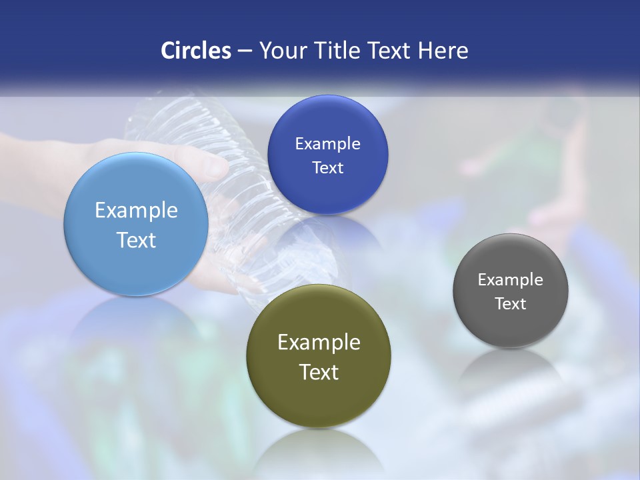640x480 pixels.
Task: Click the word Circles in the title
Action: click(x=195, y=51)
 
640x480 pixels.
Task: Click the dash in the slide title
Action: click(x=245, y=51)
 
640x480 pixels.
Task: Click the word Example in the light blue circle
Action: click(x=136, y=211)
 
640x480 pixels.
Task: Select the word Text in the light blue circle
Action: click(x=136, y=240)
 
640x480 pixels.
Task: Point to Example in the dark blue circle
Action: click(x=327, y=144)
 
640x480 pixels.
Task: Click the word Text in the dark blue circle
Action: click(x=327, y=167)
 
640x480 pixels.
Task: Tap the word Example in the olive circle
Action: click(x=319, y=343)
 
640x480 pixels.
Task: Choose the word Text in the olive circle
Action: click(x=319, y=372)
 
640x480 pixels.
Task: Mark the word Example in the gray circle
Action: click(x=511, y=280)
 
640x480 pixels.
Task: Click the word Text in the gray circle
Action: click(x=511, y=304)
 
